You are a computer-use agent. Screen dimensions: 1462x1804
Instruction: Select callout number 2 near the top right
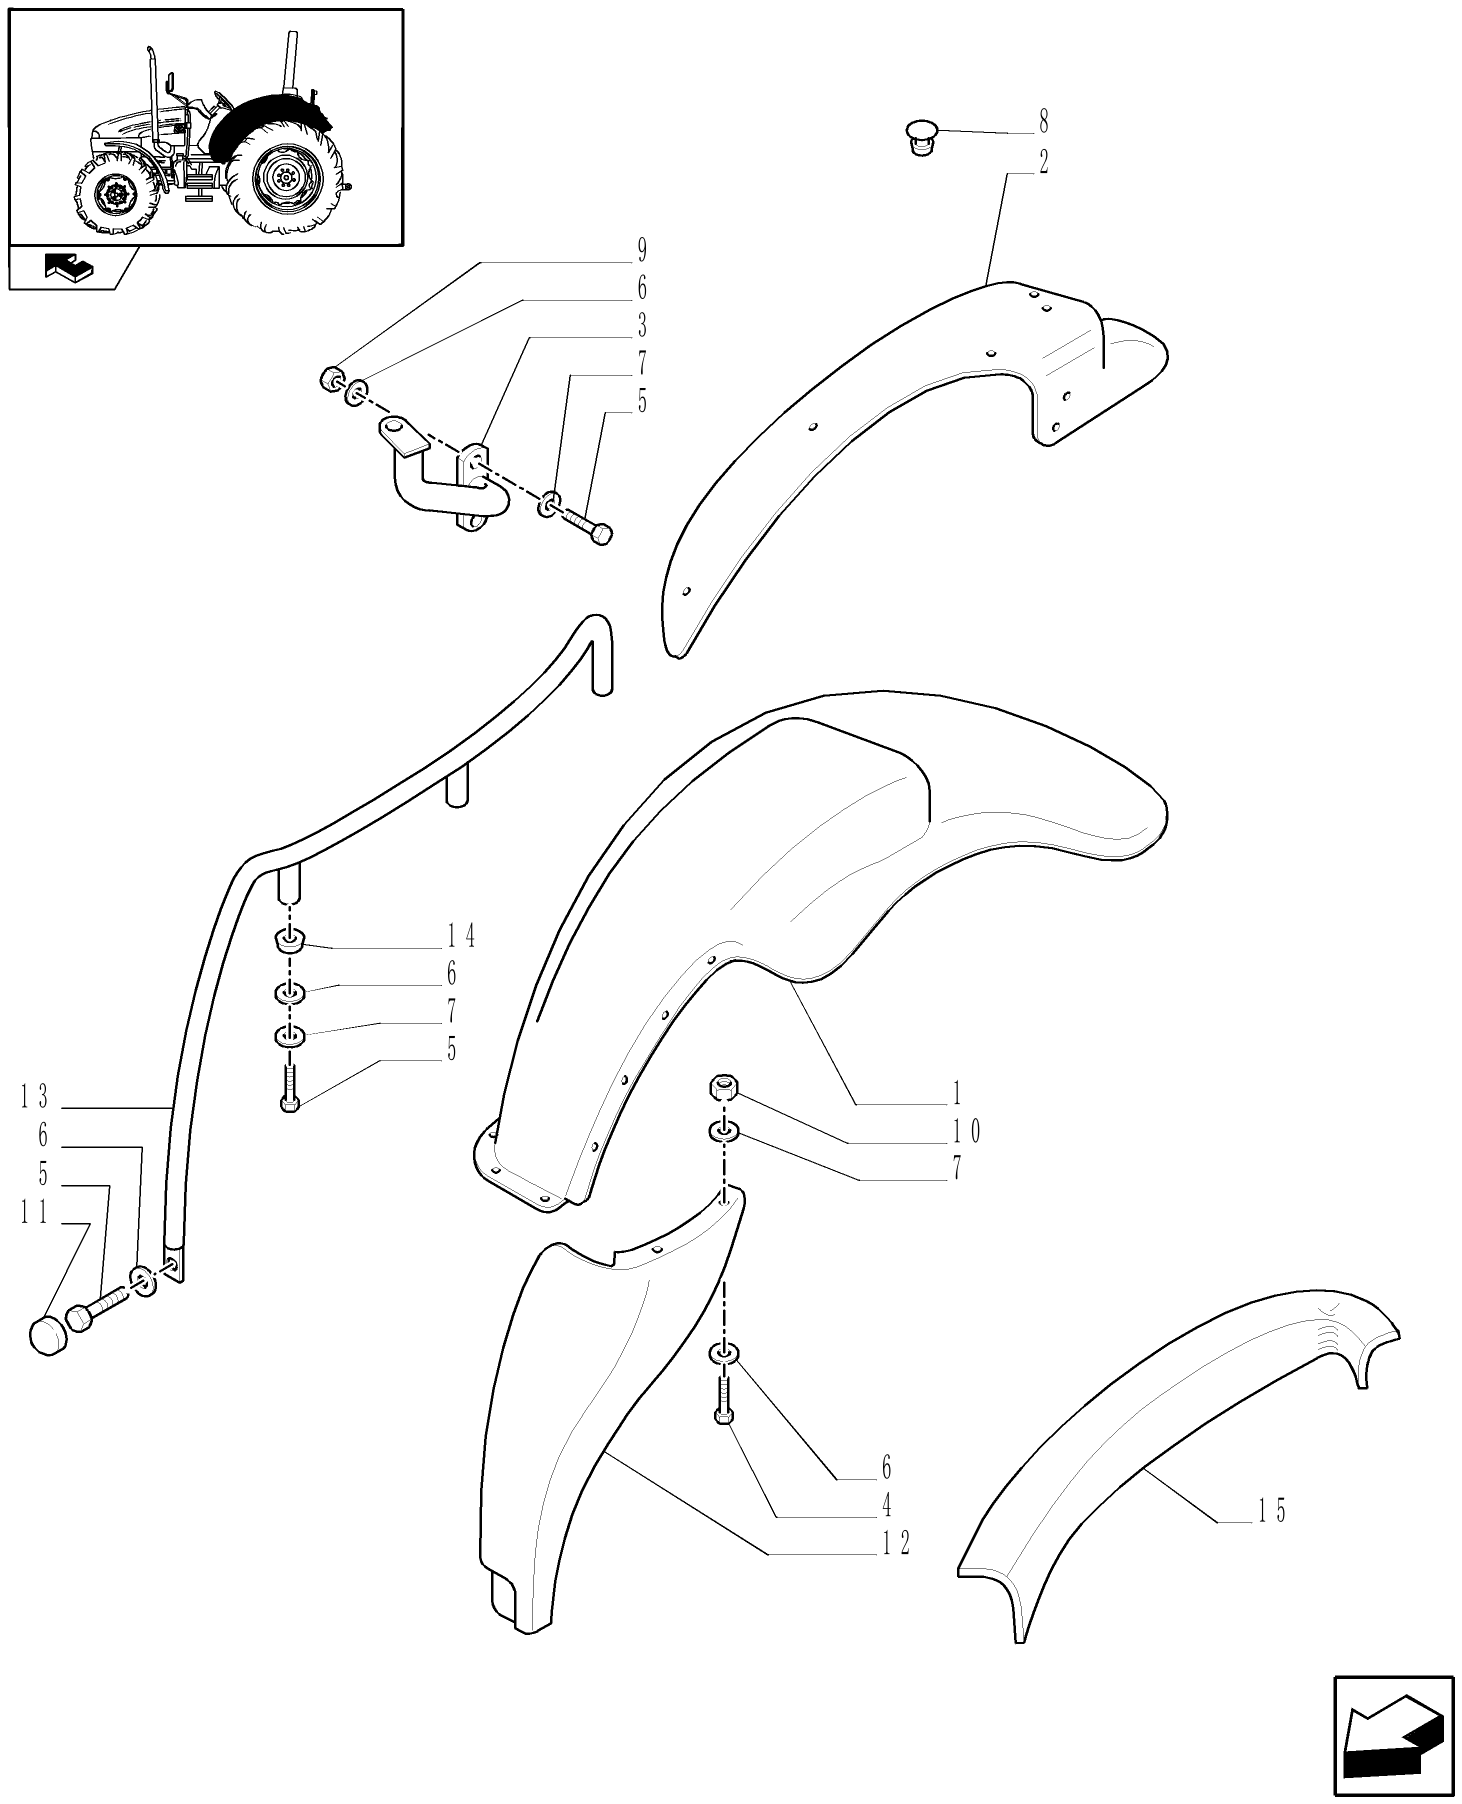coord(1044,162)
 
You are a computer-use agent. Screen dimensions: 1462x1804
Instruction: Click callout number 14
coord(461,935)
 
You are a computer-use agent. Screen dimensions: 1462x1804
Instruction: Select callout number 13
coord(35,1097)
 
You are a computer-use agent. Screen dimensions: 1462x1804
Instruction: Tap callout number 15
coord(1271,1512)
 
